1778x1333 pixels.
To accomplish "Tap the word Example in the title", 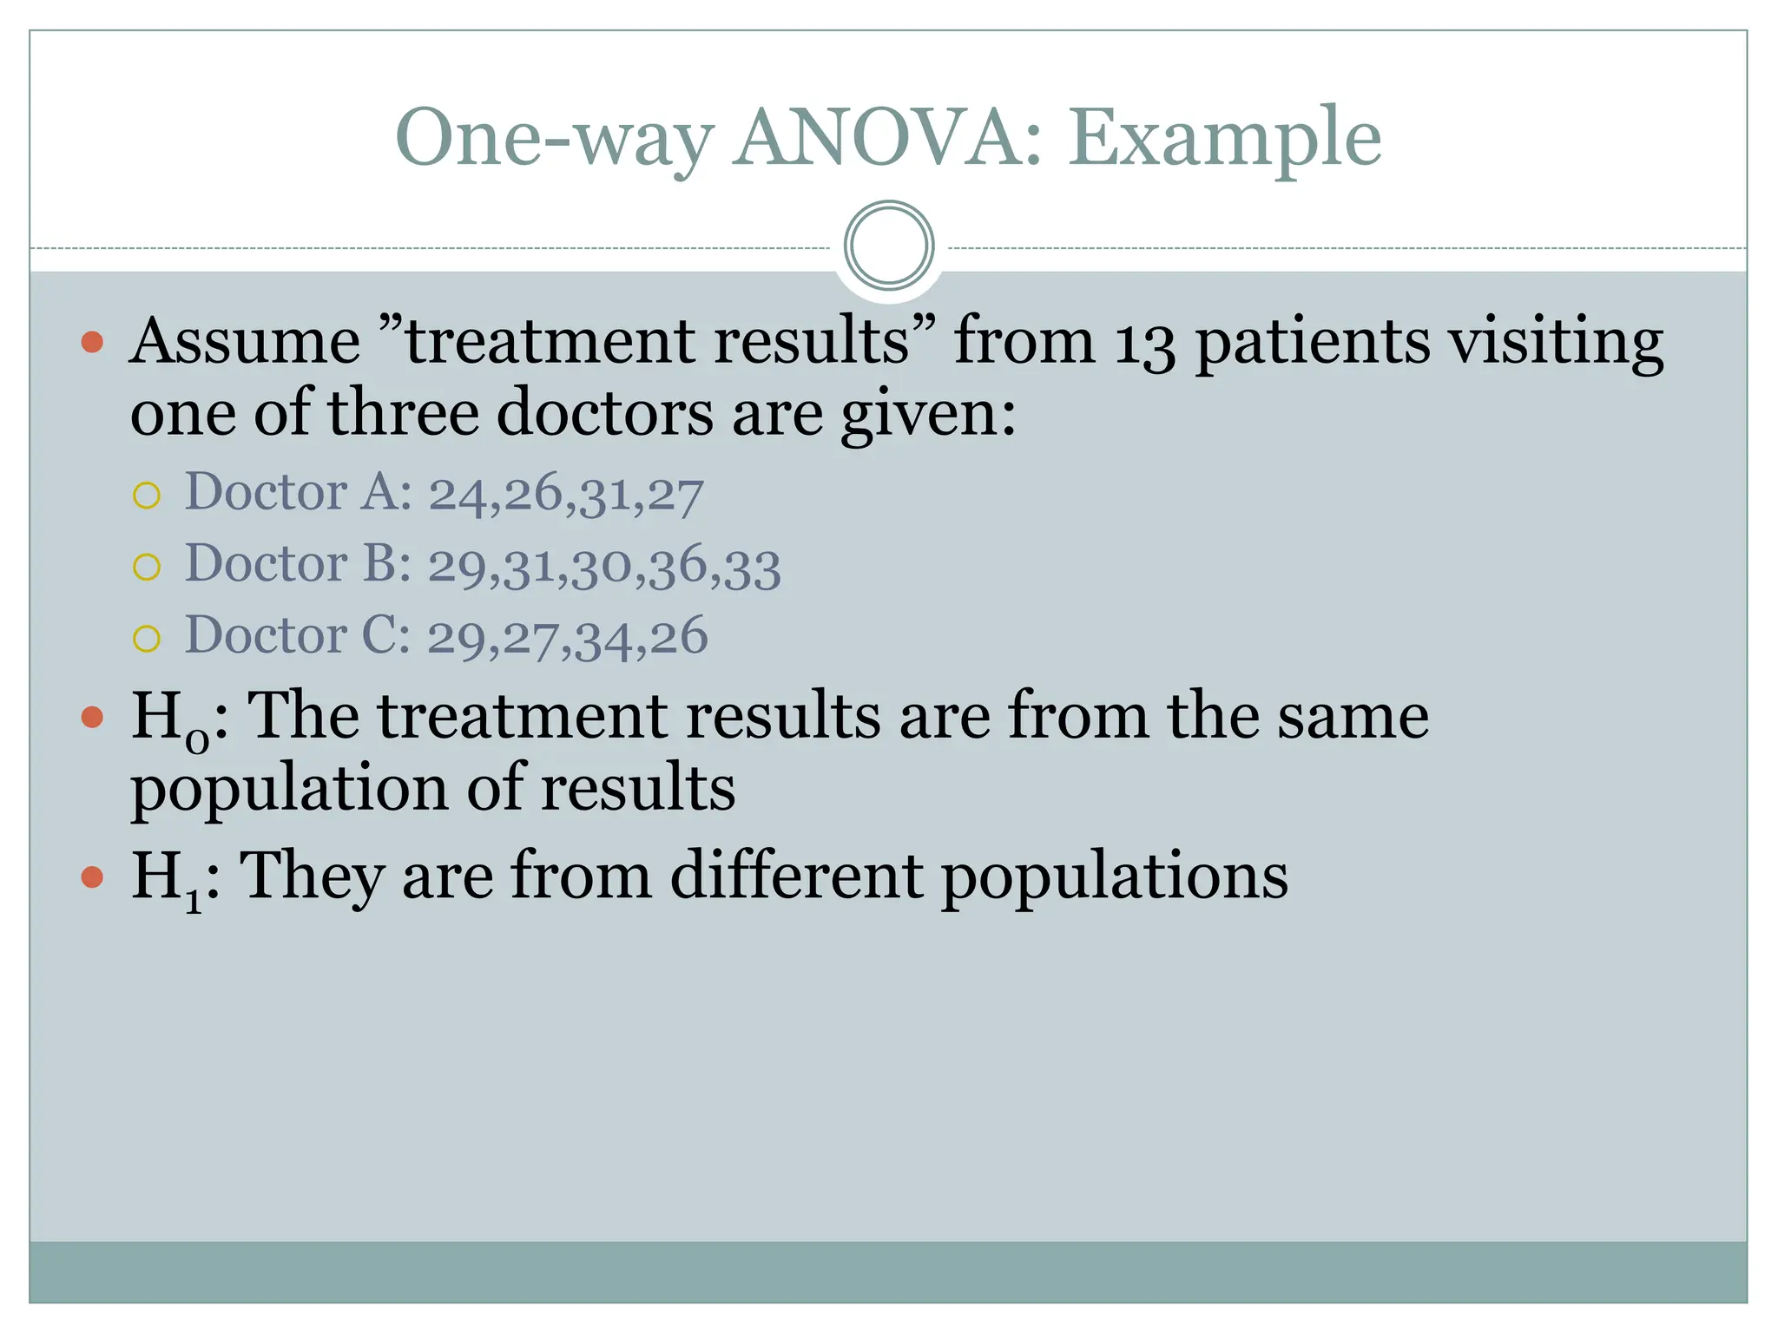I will (1224, 139).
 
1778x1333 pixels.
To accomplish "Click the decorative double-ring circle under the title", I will (888, 245).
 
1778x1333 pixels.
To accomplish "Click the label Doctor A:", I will (298, 492).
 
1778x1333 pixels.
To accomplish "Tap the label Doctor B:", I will (298, 564).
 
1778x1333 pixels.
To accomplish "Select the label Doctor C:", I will (297, 635).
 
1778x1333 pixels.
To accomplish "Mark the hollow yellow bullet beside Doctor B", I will (147, 568).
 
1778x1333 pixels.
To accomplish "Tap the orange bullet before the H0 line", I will (92, 717).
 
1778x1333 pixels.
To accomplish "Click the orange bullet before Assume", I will (92, 342).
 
